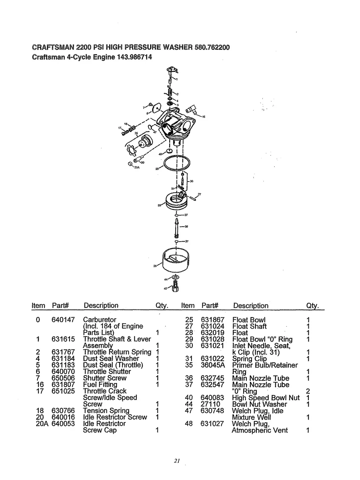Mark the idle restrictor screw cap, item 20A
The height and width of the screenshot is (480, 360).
point(131,164)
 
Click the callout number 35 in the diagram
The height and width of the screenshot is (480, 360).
point(136,134)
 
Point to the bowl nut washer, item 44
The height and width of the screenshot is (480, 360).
point(175,277)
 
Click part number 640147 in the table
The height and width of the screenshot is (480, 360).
point(62,320)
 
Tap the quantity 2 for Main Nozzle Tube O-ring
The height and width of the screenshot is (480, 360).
point(308,391)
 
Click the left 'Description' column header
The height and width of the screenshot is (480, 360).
point(101,306)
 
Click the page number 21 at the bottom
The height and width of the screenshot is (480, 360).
point(177,461)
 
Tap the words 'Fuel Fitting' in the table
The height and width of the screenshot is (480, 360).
point(100,385)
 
